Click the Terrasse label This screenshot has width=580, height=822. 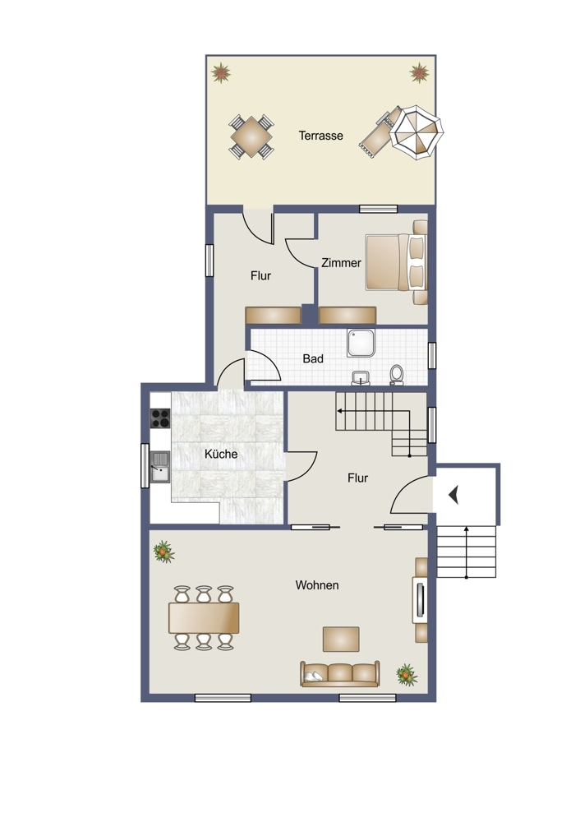click(320, 136)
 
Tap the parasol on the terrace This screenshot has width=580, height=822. click(417, 134)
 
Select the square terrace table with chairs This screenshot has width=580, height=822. click(251, 137)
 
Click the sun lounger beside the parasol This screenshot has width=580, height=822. click(378, 132)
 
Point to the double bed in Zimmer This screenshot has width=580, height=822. click(397, 262)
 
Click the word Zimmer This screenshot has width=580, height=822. click(341, 263)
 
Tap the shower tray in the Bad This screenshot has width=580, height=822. click(361, 343)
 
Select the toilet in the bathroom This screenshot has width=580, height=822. click(397, 375)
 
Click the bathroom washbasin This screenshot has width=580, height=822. click(361, 377)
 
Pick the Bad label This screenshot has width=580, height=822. click(313, 359)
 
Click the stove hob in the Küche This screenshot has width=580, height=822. click(160, 418)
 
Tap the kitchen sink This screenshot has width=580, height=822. click(160, 467)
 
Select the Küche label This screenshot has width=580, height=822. click(220, 454)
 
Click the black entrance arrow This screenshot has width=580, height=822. click(453, 495)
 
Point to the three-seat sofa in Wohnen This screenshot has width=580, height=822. click(340, 674)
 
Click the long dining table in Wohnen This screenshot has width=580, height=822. click(204, 617)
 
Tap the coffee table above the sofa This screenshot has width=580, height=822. click(341, 639)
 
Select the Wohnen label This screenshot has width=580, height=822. click(317, 585)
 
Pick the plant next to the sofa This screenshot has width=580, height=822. click(407, 675)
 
